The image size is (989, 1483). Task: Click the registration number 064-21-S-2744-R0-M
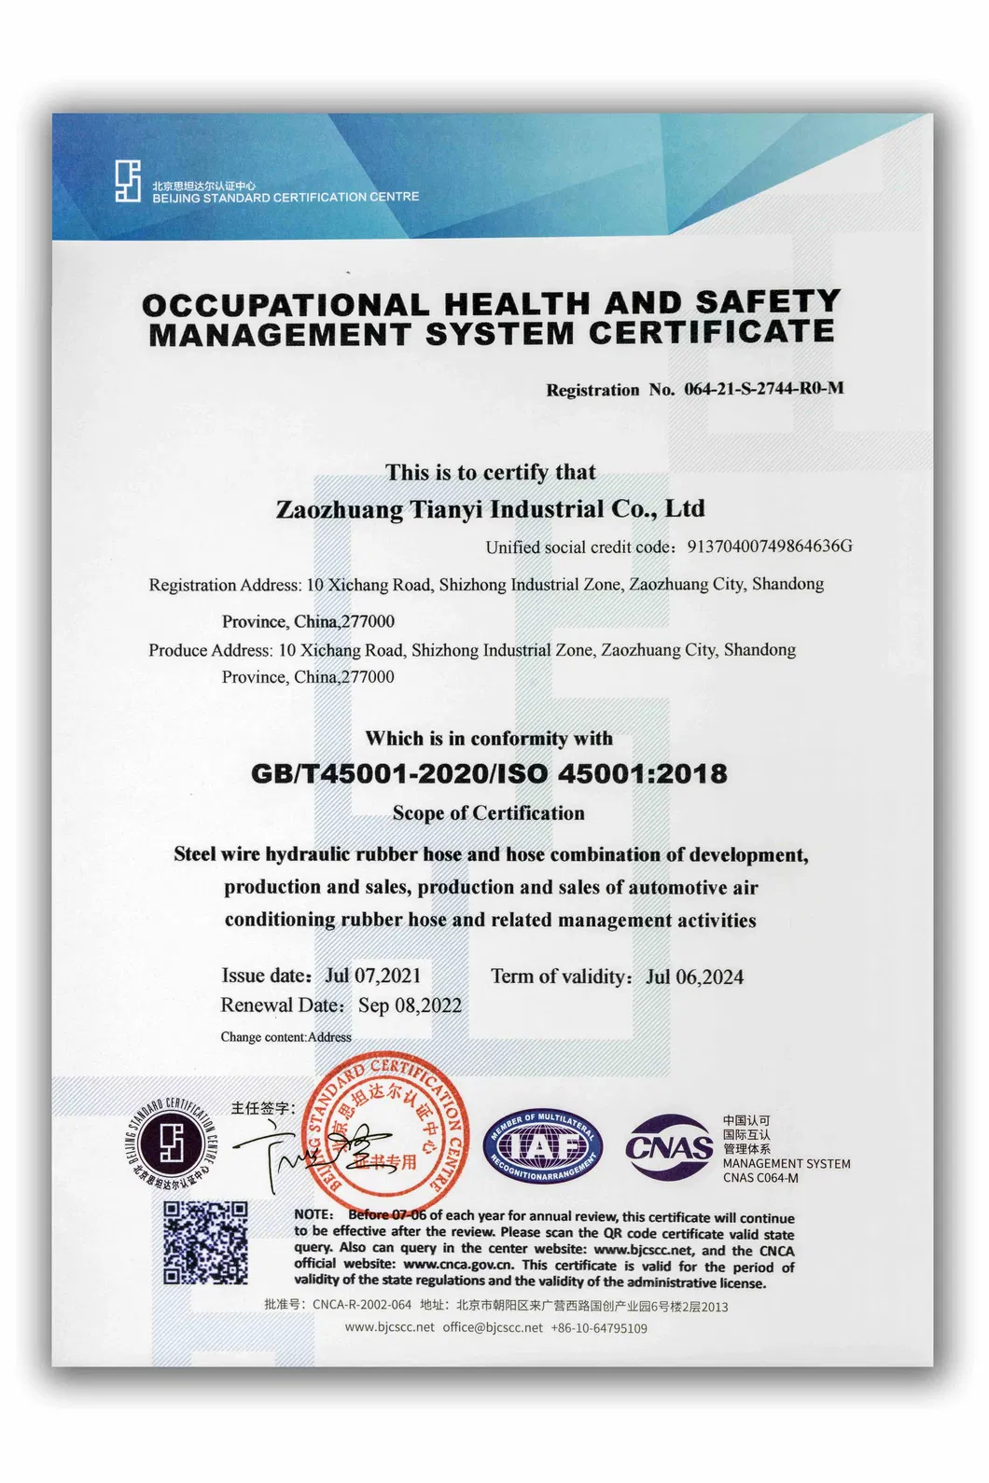tap(763, 388)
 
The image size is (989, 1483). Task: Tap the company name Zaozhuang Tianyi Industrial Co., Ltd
tap(490, 509)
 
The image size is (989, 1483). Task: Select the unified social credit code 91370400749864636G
tap(769, 546)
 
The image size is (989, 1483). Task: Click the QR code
tap(205, 1242)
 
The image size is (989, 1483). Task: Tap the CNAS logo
tap(669, 1146)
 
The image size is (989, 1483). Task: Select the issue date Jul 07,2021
tap(372, 976)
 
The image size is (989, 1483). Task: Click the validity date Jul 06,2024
tap(694, 977)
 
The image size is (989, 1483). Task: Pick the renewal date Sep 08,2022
tap(410, 1005)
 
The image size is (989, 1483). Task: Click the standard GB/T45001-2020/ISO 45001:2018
tap(489, 773)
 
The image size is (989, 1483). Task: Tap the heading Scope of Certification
tap(488, 813)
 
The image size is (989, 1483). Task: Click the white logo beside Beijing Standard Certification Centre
tap(128, 181)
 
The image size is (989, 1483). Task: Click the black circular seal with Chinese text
tap(170, 1142)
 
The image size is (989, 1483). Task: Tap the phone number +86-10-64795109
tap(598, 1327)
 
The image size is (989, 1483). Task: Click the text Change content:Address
tap(286, 1037)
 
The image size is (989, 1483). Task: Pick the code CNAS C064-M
tap(760, 1178)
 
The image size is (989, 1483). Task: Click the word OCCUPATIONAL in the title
tap(286, 305)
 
